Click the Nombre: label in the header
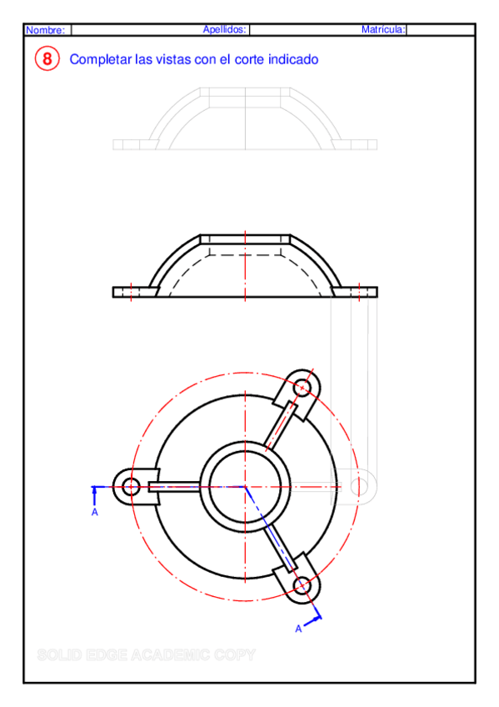click(x=45, y=30)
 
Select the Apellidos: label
click(x=225, y=29)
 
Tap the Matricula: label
click(x=383, y=29)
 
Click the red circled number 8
click(x=47, y=59)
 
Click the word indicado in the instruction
click(x=292, y=60)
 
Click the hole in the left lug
click(x=131, y=486)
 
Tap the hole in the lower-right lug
click(x=302, y=586)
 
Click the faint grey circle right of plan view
click(x=360, y=485)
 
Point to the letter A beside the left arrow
click(x=95, y=512)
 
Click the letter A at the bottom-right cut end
click(x=298, y=629)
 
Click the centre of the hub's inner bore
click(x=245, y=486)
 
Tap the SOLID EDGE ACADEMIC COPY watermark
click(x=146, y=655)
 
